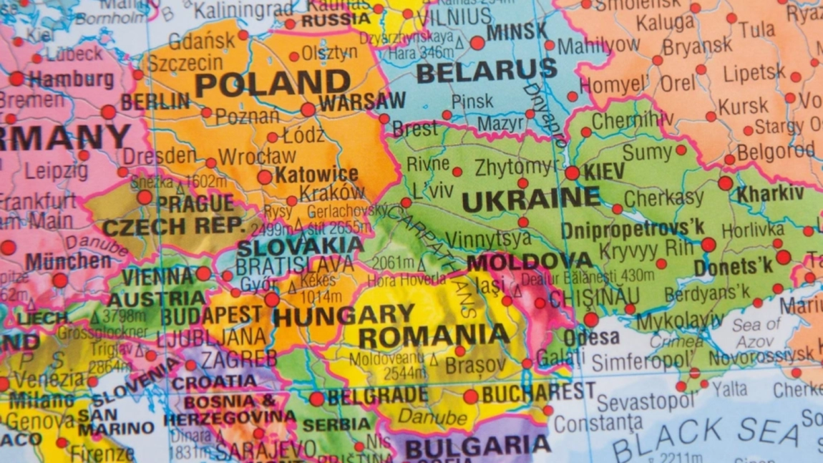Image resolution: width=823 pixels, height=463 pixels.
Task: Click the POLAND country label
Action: click(273, 84)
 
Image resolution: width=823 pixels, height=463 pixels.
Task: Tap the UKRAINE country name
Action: click(530, 200)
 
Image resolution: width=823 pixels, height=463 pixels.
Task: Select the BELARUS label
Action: click(486, 71)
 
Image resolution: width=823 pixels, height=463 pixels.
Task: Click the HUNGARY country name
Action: click(344, 315)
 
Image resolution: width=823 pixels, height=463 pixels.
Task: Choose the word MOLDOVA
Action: click(530, 261)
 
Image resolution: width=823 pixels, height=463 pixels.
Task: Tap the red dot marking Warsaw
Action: click(308, 109)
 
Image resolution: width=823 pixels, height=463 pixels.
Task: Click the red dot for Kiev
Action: click(572, 172)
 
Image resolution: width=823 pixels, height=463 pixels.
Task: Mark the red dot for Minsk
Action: click(477, 43)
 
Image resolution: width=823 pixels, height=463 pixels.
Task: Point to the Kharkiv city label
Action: click(770, 193)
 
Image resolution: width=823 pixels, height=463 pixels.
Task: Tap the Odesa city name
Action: click(591, 338)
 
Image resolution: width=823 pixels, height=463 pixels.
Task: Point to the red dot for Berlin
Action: click(108, 112)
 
